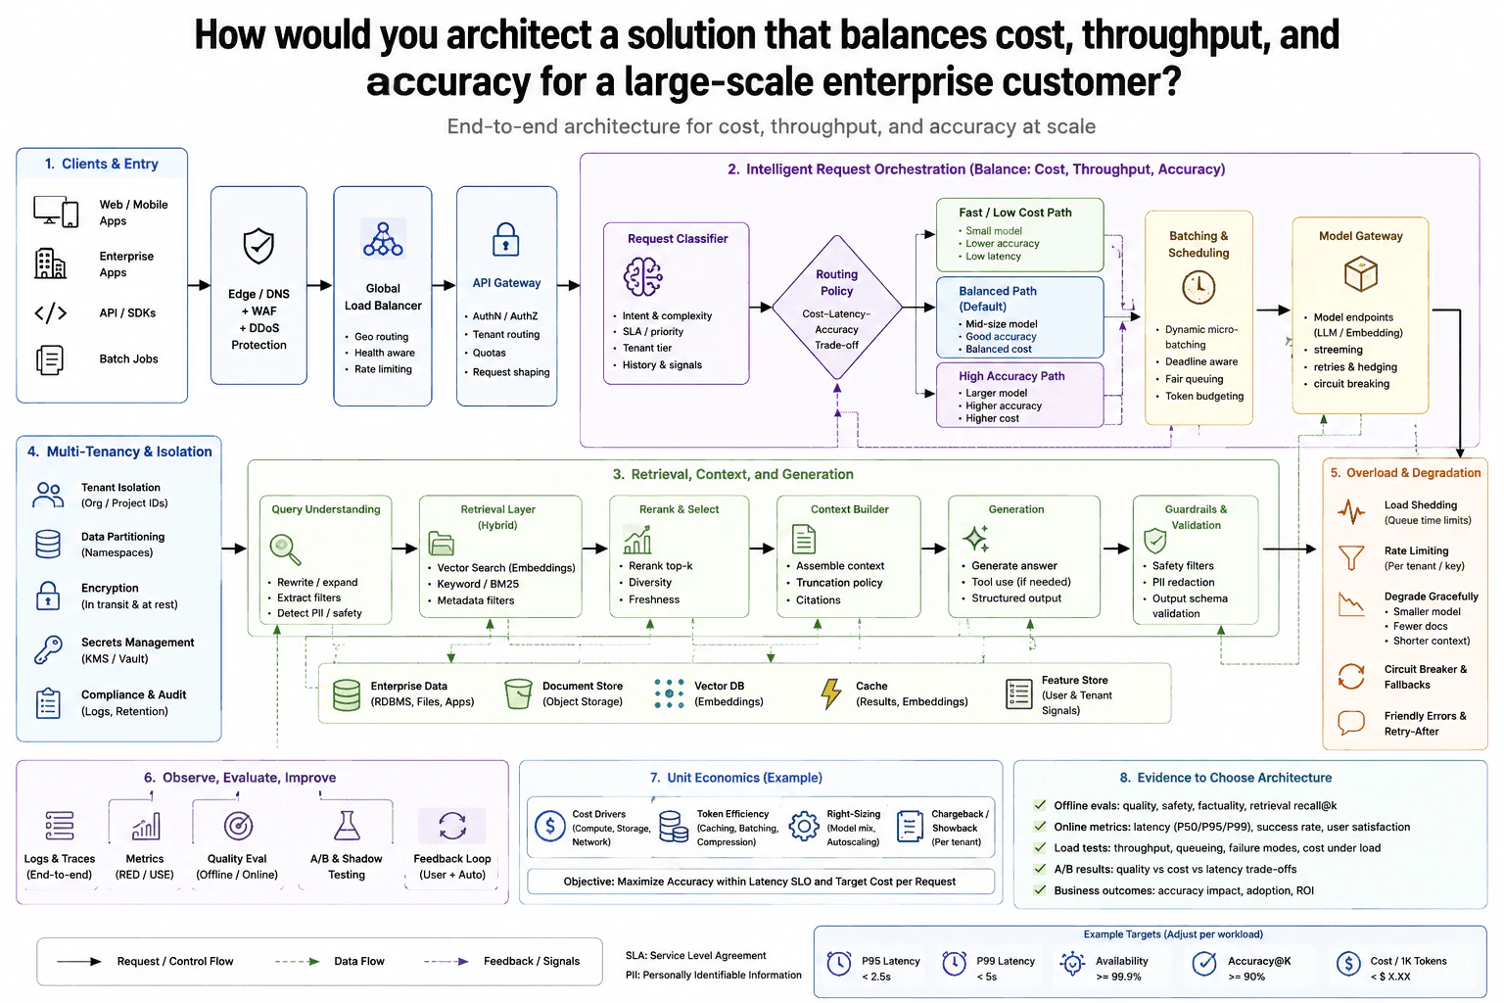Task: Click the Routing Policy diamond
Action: (836, 308)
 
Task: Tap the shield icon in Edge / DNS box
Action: (258, 245)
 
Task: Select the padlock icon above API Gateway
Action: (505, 239)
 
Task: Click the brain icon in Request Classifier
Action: (643, 276)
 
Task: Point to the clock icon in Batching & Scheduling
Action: (1198, 288)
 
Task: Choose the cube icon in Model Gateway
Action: (1360, 273)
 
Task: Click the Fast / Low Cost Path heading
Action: (1014, 213)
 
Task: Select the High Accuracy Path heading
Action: (1011, 376)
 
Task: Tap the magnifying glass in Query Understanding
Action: (285, 549)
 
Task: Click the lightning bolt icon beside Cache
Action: (830, 693)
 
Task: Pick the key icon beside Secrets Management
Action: (48, 650)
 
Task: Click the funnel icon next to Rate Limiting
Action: (1351, 557)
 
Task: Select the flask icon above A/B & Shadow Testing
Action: (347, 826)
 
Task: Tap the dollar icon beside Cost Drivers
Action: (550, 826)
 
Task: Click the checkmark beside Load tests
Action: (1040, 848)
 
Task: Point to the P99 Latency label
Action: (1006, 961)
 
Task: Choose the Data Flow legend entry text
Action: (359, 961)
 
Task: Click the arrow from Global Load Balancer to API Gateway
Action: (444, 285)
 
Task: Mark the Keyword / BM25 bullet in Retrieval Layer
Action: (478, 584)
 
